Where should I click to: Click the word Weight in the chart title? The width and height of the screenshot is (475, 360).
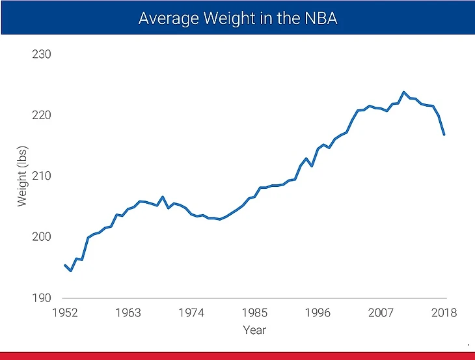[x=221, y=18]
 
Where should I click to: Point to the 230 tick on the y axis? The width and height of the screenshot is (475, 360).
[x=41, y=54]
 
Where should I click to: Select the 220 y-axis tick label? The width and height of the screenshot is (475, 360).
[x=41, y=115]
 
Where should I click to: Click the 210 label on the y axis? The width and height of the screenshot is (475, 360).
[x=41, y=176]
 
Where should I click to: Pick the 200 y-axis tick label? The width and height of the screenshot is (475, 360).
[x=41, y=237]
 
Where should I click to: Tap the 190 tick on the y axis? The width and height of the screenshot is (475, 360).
[x=41, y=298]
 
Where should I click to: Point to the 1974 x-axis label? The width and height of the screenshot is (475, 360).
[x=191, y=313]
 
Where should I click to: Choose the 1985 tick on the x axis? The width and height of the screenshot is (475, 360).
[x=254, y=313]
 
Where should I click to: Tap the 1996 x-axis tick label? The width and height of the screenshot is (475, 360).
[x=318, y=313]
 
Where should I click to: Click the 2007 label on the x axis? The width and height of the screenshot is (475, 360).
[x=381, y=313]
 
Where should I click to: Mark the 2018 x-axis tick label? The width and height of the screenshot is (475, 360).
[x=443, y=313]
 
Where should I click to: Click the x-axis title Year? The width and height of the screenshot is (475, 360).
[x=254, y=330]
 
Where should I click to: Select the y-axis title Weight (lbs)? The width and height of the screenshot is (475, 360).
[x=23, y=176]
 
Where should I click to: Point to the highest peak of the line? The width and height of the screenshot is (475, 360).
[x=403, y=92]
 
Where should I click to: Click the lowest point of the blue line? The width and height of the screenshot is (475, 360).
[x=70, y=271]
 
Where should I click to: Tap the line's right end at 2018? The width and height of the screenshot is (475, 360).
[x=444, y=135]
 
